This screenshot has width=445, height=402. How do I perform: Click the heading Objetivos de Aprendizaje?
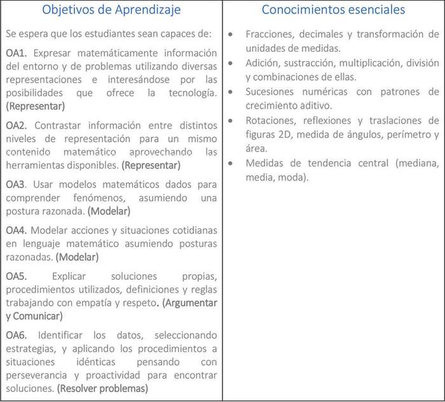pyautogui.click(x=112, y=10)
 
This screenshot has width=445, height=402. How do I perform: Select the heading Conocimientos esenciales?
pyautogui.click(x=333, y=10)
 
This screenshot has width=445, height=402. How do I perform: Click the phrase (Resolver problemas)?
pyautogui.click(x=102, y=388)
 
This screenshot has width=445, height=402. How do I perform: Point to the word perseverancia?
pyautogui.click(x=39, y=375)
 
